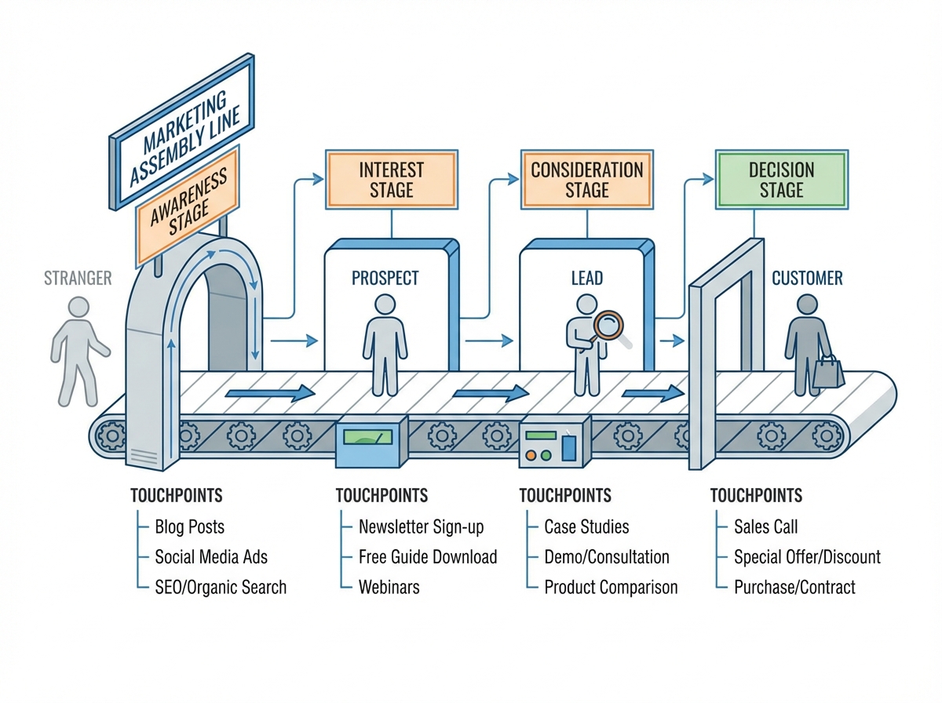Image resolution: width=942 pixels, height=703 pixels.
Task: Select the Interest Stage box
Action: click(391, 180)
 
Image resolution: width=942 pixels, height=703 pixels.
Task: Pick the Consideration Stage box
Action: click(586, 180)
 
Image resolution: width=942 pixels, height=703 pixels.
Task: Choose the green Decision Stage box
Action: click(781, 180)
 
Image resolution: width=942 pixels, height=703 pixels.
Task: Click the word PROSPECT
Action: click(385, 278)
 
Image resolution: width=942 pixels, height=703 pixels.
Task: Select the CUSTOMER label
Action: click(807, 278)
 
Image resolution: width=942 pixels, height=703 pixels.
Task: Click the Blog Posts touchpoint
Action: click(189, 526)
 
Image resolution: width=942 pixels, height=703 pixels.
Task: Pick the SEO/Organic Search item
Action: click(221, 587)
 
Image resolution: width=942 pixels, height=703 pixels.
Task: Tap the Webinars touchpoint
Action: click(389, 587)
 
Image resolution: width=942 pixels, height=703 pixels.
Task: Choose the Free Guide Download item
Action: click(428, 557)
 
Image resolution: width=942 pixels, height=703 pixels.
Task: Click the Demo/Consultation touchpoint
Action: click(606, 557)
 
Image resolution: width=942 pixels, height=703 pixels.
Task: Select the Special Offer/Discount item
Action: click(807, 557)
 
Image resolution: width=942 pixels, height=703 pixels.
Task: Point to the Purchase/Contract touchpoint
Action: click(794, 587)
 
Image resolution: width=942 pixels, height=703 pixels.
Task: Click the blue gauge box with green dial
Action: click(371, 443)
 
